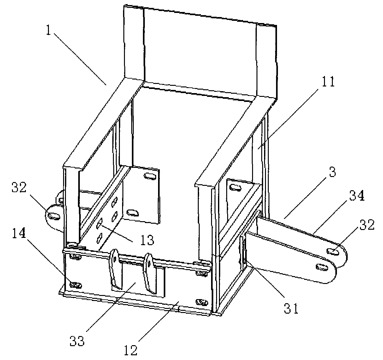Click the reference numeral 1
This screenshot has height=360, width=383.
pos(49,30)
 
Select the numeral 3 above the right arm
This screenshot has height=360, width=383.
pos(332,172)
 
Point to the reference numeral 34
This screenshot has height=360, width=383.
pos(356,196)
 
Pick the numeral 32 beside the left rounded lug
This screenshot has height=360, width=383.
pos(19,187)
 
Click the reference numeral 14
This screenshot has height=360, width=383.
pos(19,233)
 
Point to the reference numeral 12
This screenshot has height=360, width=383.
pos(131,350)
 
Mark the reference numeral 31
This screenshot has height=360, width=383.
pos(291,308)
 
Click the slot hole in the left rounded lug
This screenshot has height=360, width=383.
pos(54,216)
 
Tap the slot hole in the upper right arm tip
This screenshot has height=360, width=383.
pos(333,251)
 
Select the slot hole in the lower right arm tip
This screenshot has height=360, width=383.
pos(322,267)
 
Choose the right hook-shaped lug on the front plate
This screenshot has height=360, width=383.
pos(150,273)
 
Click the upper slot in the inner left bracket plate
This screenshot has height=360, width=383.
pos(150,176)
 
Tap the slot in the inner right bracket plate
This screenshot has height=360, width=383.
pos(235,188)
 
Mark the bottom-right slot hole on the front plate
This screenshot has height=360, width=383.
pos(202,302)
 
